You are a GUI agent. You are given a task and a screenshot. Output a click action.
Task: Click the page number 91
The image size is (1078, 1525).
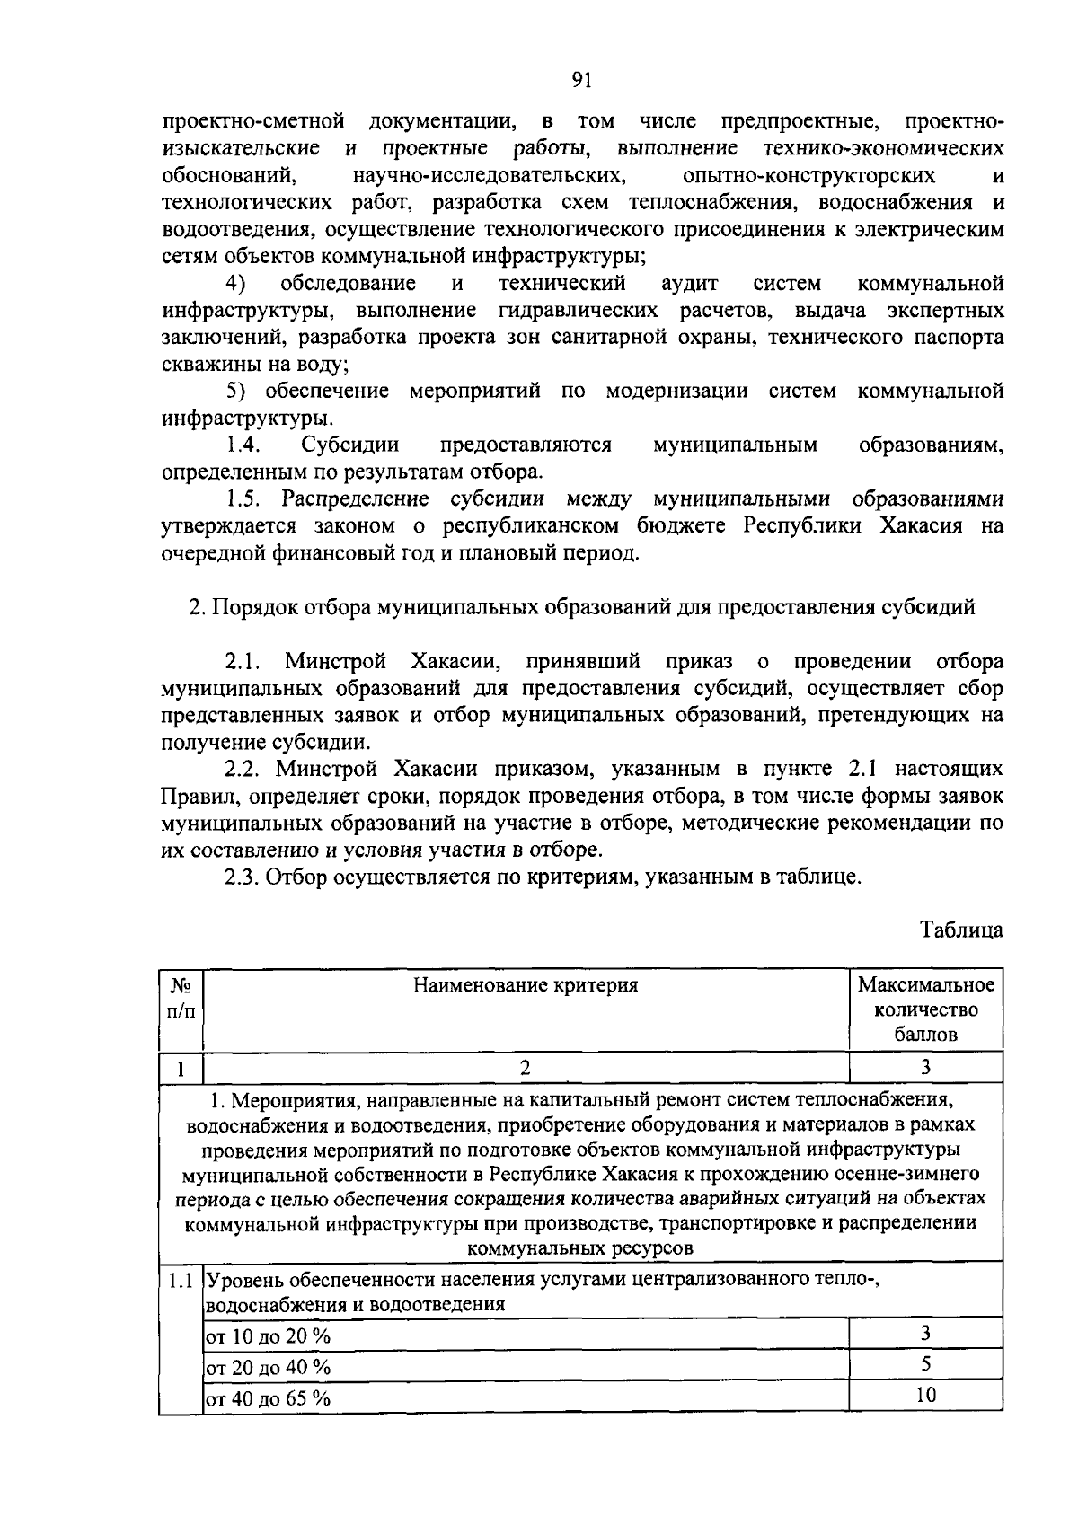click(580, 80)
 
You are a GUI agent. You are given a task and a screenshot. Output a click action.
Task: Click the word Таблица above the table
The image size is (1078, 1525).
click(961, 930)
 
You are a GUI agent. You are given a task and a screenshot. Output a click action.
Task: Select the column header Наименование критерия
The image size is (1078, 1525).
click(526, 985)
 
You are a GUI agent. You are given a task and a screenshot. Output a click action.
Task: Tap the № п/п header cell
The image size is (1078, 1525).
click(181, 997)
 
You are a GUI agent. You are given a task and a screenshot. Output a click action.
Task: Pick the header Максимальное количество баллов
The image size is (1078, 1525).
click(925, 1009)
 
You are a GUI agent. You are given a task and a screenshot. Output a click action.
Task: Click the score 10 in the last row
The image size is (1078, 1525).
click(925, 1394)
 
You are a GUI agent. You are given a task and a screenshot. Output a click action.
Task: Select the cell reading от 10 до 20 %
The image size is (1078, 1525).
click(269, 1335)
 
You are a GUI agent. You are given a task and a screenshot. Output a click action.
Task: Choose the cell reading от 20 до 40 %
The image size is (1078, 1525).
click(269, 1367)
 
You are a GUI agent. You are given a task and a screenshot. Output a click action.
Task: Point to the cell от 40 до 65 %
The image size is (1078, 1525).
click(269, 1398)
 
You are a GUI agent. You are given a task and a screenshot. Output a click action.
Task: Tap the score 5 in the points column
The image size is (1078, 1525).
click(925, 1363)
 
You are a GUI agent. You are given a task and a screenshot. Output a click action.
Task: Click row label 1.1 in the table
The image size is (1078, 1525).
click(181, 1280)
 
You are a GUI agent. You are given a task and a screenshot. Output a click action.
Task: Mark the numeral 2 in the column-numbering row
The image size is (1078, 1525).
click(526, 1067)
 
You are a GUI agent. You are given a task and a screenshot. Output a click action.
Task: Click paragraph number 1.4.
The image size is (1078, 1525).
click(243, 445)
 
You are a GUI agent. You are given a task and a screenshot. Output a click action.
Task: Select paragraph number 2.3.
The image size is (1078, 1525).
click(243, 877)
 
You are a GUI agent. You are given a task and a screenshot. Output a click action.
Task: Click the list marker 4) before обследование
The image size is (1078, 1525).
click(235, 284)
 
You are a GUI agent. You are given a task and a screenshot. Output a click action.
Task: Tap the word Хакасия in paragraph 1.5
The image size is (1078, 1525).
click(918, 525)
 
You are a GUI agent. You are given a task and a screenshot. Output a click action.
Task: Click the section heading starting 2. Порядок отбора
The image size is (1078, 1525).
click(581, 607)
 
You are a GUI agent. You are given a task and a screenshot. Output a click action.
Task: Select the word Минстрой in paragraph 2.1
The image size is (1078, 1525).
click(335, 662)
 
